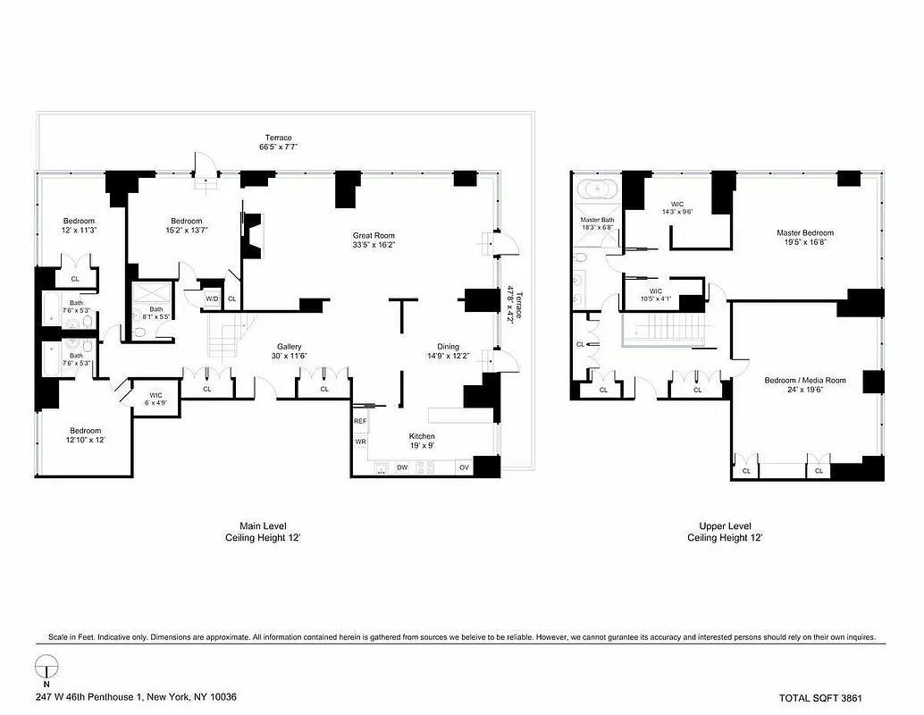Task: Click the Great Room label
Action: point(374,233)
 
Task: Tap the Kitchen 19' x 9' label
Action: point(422,442)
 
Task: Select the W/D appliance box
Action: point(213,299)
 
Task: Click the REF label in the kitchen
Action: point(360,421)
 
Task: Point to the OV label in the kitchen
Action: point(464,467)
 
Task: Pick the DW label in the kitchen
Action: point(402,467)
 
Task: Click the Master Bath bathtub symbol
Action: point(595,190)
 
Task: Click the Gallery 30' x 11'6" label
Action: point(289,351)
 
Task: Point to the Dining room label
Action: point(448,351)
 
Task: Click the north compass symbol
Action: point(46,668)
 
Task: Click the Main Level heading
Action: point(263,526)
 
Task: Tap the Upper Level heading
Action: point(725,526)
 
